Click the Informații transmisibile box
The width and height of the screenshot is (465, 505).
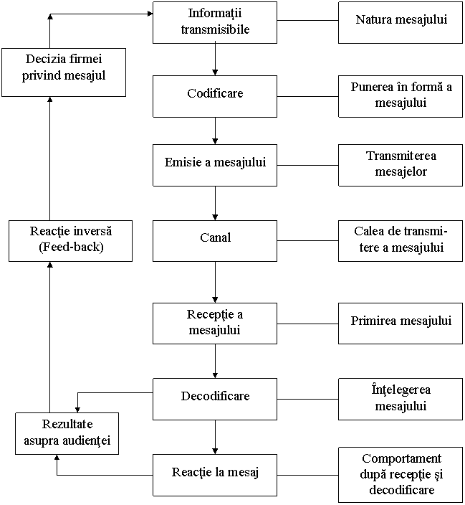[214, 22]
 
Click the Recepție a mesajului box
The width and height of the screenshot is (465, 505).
[214, 322]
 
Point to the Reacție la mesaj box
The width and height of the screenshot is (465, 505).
[214, 473]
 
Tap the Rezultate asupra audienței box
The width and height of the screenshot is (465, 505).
[67, 433]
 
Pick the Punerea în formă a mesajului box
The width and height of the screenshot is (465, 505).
[401, 96]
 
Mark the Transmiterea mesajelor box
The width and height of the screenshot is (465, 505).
[401, 164]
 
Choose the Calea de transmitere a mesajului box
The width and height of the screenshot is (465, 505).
[401, 240]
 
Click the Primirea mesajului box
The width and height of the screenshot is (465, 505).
[401, 322]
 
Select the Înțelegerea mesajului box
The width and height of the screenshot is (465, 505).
[401, 398]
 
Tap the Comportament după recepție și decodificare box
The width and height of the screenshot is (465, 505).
[401, 474]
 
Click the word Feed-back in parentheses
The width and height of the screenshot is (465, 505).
[71, 247]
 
